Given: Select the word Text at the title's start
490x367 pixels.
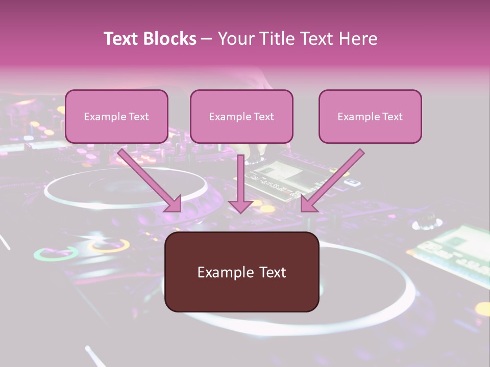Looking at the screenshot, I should [x=122, y=39].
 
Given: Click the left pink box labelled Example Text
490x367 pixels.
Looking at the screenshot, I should [x=116, y=117].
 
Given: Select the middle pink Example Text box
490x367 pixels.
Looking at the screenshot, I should [x=241, y=117].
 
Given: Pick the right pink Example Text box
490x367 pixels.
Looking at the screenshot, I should [x=370, y=117].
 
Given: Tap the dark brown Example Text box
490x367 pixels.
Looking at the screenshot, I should [x=241, y=272].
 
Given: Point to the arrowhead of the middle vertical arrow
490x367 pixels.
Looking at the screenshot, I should [x=240, y=206].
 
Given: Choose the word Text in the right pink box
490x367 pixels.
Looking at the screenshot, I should [x=392, y=117].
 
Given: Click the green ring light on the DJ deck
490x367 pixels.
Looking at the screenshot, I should [x=56, y=253].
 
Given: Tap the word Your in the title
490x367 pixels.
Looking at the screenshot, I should [x=236, y=39].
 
